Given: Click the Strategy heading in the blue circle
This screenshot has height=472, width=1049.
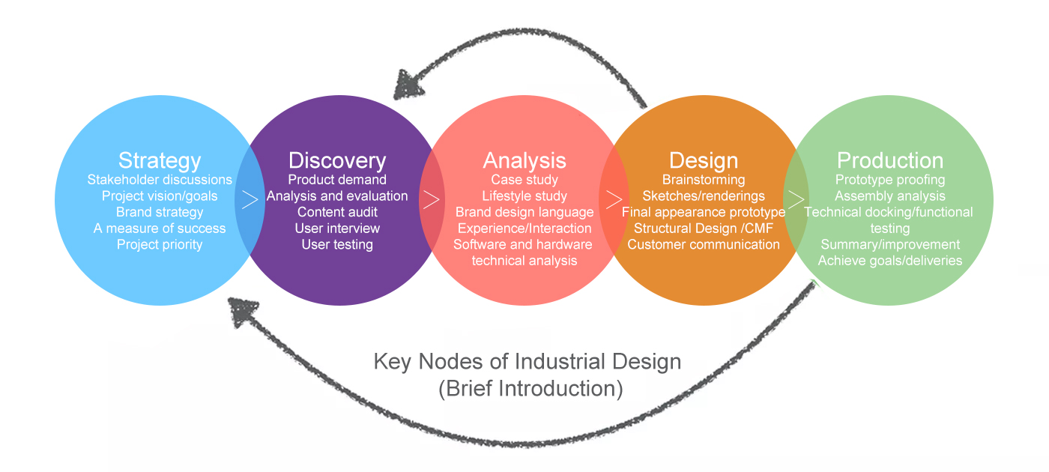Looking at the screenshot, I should coord(160,161).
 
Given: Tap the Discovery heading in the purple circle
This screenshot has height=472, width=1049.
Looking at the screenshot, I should coord(337,161).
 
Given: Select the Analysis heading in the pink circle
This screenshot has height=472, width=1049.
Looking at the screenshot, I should coord(524,161).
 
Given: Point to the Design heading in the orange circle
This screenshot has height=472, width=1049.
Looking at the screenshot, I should coord(704,161).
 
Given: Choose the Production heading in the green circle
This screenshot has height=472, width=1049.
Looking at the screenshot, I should coord(890,161).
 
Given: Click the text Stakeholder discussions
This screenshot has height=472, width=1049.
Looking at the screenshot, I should coord(160,180).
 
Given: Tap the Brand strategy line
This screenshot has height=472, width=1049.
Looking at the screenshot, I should coord(160,212).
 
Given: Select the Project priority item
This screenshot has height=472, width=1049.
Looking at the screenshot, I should coord(160,244).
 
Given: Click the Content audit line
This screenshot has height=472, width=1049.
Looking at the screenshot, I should coord(337,212).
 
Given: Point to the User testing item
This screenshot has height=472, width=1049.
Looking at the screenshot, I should coord(337,244).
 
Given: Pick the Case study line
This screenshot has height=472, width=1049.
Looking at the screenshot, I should coord(524,180).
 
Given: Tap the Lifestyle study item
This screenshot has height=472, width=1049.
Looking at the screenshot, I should coord(524,196).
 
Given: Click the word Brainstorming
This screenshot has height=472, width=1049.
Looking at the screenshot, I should coord(704,180).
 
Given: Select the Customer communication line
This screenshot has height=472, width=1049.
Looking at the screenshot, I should coord(704,244).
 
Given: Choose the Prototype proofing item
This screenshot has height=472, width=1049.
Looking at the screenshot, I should coord(890,180).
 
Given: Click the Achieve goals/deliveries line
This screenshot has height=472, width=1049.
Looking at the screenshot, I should coord(890,261).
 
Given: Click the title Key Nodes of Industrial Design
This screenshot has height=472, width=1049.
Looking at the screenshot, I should coord(527,362).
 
